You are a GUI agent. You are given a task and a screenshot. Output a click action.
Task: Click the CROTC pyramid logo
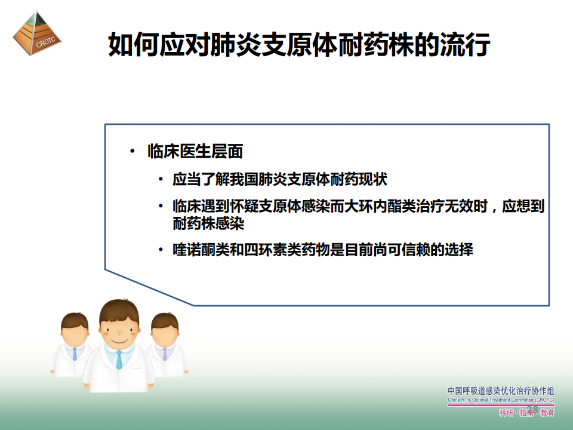tap(37, 33)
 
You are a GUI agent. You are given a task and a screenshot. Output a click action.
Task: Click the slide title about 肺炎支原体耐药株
tap(299, 45)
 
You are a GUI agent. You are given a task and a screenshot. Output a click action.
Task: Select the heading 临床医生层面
tap(196, 151)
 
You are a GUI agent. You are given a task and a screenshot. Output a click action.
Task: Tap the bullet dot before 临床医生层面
tap(133, 151)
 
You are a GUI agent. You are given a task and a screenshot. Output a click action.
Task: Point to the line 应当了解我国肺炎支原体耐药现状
tap(280, 179)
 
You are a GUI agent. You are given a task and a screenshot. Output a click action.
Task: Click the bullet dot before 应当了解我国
tap(161, 179)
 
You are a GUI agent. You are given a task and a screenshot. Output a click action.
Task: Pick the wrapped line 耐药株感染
tap(208, 223)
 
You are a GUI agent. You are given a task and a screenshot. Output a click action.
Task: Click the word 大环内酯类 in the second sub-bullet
tap(380, 207)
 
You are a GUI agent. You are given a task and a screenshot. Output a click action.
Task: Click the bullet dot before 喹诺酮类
tap(161, 250)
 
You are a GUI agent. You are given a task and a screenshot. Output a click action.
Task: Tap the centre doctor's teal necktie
tap(119, 360)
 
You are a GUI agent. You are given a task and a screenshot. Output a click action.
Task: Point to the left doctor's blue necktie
tap(75, 354)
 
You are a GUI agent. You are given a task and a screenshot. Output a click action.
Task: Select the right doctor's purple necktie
tap(165, 354)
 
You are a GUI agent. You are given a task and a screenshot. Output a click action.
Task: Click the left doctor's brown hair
tap(75, 321)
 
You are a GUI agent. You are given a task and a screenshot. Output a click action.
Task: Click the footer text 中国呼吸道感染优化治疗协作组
tap(501, 391)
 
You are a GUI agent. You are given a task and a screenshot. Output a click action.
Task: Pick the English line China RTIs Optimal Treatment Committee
tap(501, 400)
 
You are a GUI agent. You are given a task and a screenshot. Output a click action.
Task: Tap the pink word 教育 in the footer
tap(547, 413)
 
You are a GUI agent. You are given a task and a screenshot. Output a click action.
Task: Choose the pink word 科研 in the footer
tap(507, 413)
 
